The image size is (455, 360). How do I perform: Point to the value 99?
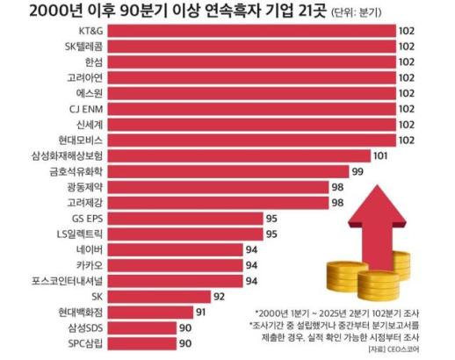(x=357, y=171)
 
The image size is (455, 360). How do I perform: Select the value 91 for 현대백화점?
(x=200, y=313)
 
